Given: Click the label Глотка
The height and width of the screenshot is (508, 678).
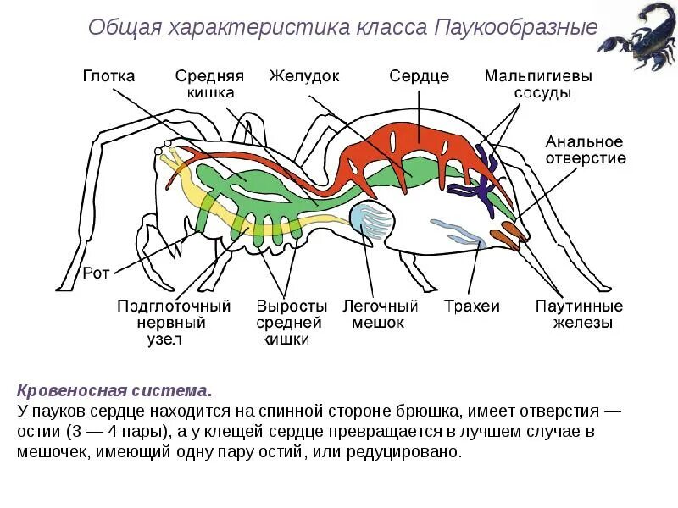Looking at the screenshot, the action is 108,75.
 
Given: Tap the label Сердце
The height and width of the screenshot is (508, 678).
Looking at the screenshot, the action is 419,75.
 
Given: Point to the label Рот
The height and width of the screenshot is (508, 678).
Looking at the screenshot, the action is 94,273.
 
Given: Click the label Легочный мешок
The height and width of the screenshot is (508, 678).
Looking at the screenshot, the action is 381,314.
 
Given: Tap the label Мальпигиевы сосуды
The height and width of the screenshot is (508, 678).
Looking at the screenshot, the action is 539,84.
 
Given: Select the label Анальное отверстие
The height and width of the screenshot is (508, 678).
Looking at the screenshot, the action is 586,150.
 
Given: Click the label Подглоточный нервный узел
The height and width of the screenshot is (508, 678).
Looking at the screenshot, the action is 174,323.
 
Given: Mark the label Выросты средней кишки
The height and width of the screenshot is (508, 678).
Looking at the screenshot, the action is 291,323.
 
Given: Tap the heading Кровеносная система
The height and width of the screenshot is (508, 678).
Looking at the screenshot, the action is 113,392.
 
